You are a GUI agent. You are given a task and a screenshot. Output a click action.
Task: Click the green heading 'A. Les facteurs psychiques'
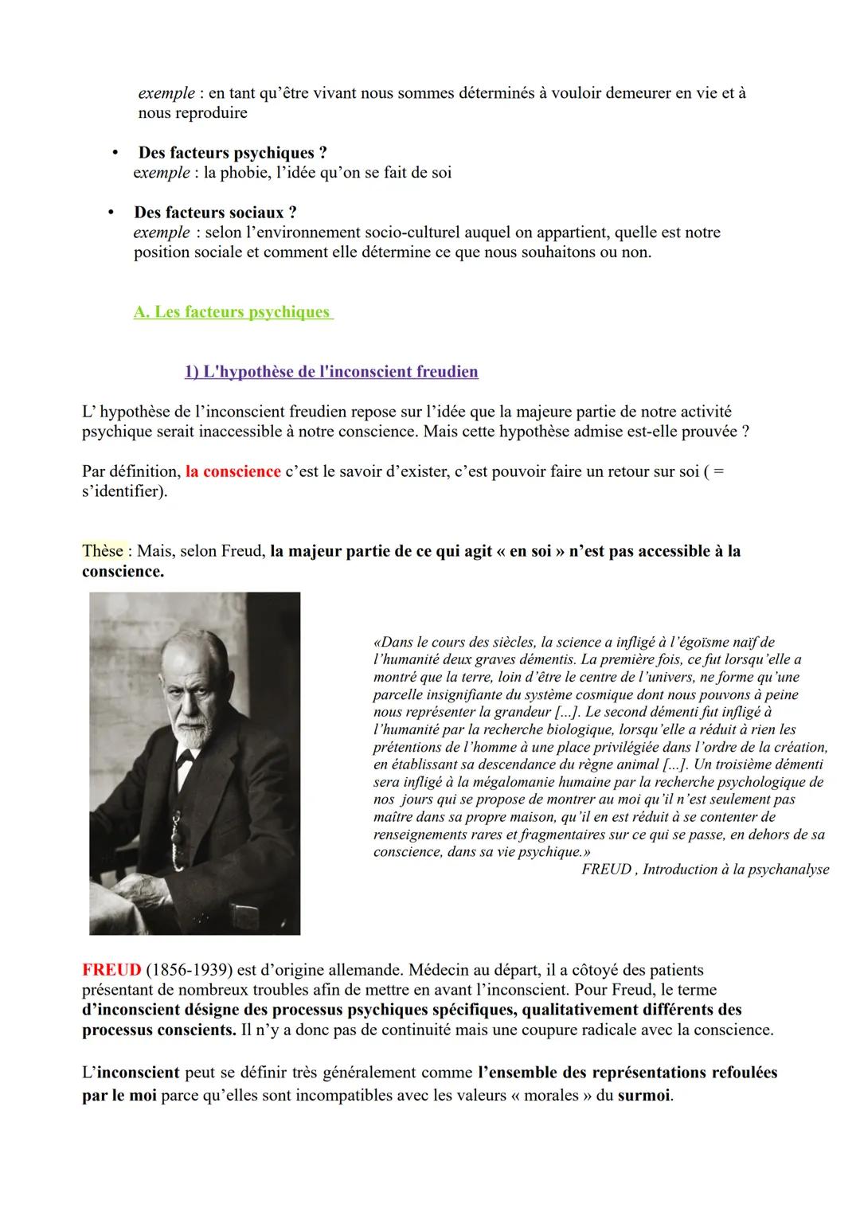[232, 312]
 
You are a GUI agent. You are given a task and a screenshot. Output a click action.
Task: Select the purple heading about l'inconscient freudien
[331, 372]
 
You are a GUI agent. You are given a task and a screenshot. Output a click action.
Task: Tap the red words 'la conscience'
[233, 471]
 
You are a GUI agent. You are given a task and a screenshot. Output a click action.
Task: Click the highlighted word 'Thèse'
[103, 551]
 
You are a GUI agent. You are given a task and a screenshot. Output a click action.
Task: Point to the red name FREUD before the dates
[111, 971]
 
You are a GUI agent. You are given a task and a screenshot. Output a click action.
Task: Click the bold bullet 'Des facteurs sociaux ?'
[215, 213]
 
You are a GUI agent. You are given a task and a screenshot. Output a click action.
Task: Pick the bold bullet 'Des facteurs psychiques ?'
[233, 153]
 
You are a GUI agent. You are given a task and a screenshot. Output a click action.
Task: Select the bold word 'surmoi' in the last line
[644, 1095]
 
